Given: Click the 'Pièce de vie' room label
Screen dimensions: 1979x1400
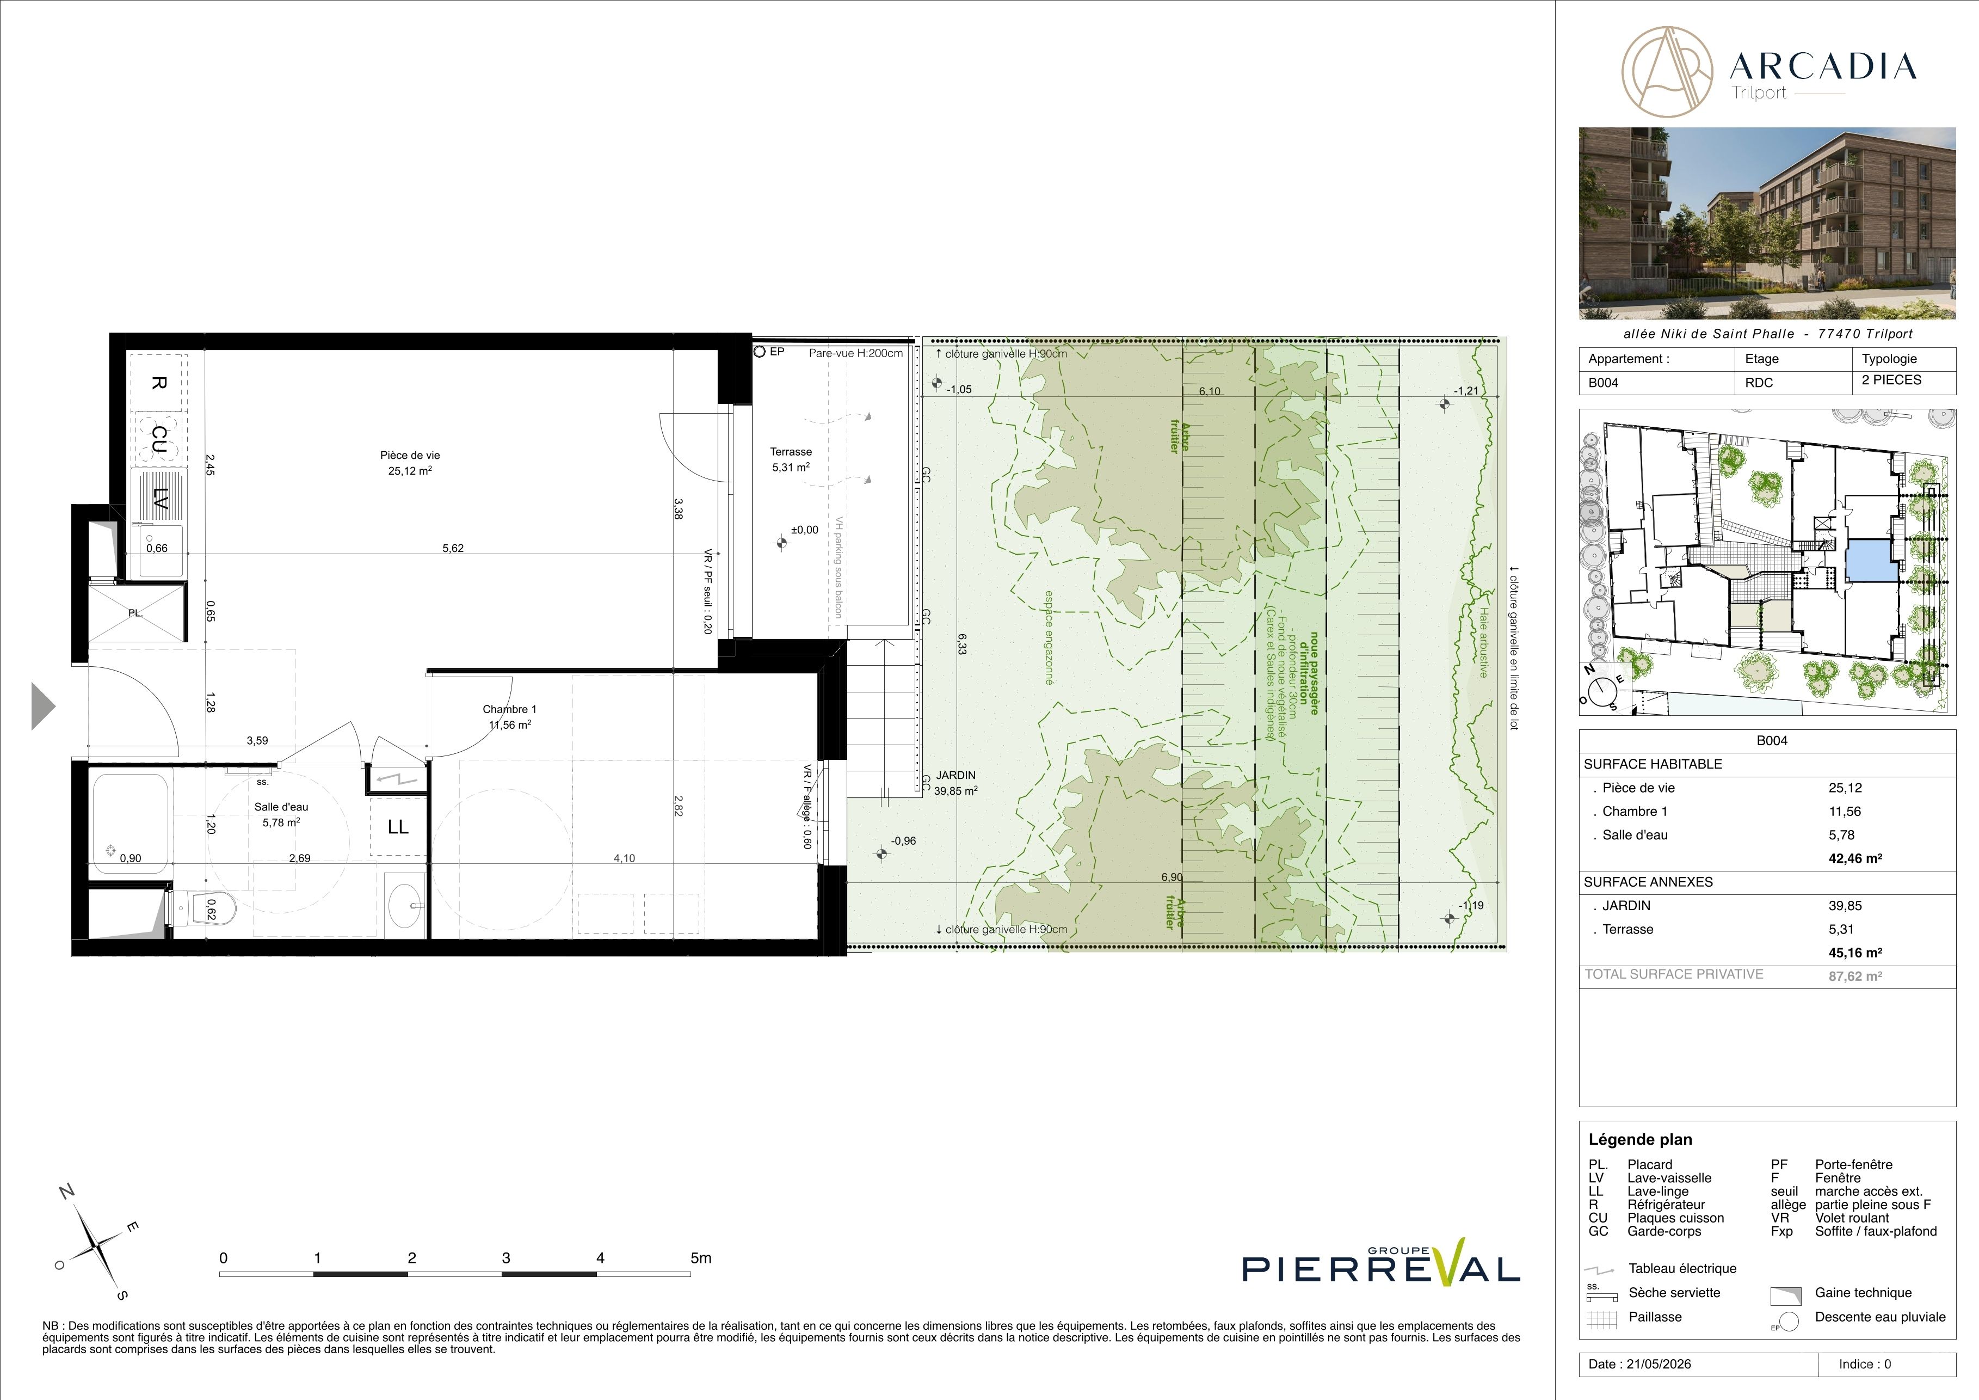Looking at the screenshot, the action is pos(409,455).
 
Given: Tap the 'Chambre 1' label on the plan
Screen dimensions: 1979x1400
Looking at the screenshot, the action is pos(509,709).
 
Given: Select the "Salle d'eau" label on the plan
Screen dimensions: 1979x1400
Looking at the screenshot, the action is pos(281,807).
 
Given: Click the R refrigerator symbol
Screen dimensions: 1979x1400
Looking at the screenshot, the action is pos(158,382).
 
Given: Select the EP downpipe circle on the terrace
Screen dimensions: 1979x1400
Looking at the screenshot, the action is pos(760,352).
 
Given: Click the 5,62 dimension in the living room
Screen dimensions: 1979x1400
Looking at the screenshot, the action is pos(453,548).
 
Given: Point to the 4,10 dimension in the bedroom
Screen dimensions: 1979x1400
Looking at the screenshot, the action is pos(624,858).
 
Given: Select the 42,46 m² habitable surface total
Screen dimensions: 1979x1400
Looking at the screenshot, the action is pos(1855,858).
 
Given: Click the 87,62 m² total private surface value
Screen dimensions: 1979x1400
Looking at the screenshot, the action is pos(1855,977).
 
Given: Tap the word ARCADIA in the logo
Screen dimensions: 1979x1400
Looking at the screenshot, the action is pos(1822,66).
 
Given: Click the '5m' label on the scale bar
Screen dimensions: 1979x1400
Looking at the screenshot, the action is pos(701,1258).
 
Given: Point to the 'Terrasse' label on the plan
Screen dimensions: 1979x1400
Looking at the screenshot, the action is pos(791,452).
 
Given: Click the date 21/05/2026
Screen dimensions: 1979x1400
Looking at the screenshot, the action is pos(1659,1364).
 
